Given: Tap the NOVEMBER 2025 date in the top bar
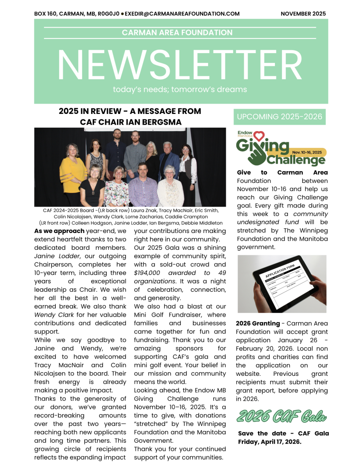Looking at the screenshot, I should (x=303, y=14).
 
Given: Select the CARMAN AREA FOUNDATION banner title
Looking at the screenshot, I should (x=177, y=33).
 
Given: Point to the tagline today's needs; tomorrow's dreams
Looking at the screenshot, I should (x=180, y=90).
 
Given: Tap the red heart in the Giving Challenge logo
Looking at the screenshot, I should (x=258, y=137).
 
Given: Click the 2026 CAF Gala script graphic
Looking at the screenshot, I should (x=281, y=417).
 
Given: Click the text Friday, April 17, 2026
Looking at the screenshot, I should (x=269, y=442).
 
